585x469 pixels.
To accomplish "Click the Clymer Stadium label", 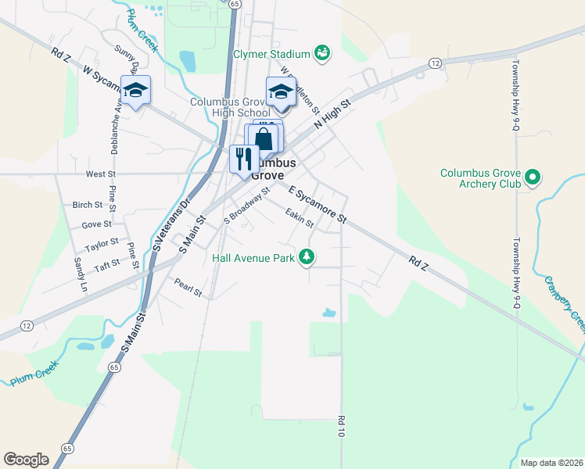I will pos(271,54).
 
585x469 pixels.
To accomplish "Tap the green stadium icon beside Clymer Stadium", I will pos(322,53).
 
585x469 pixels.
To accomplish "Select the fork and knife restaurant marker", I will pos(244,159).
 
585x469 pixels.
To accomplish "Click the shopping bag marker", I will pos(265,141).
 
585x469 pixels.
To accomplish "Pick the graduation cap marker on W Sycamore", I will pos(135,91).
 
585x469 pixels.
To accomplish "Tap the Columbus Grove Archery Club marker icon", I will pos(533,178).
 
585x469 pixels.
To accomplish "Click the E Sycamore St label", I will pos(317,205).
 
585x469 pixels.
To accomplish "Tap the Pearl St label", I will pos(188,288).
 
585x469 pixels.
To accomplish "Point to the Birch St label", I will pos(87,205).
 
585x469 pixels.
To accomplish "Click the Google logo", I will pos(26,460).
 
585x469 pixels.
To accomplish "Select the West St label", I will pos(101,174).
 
